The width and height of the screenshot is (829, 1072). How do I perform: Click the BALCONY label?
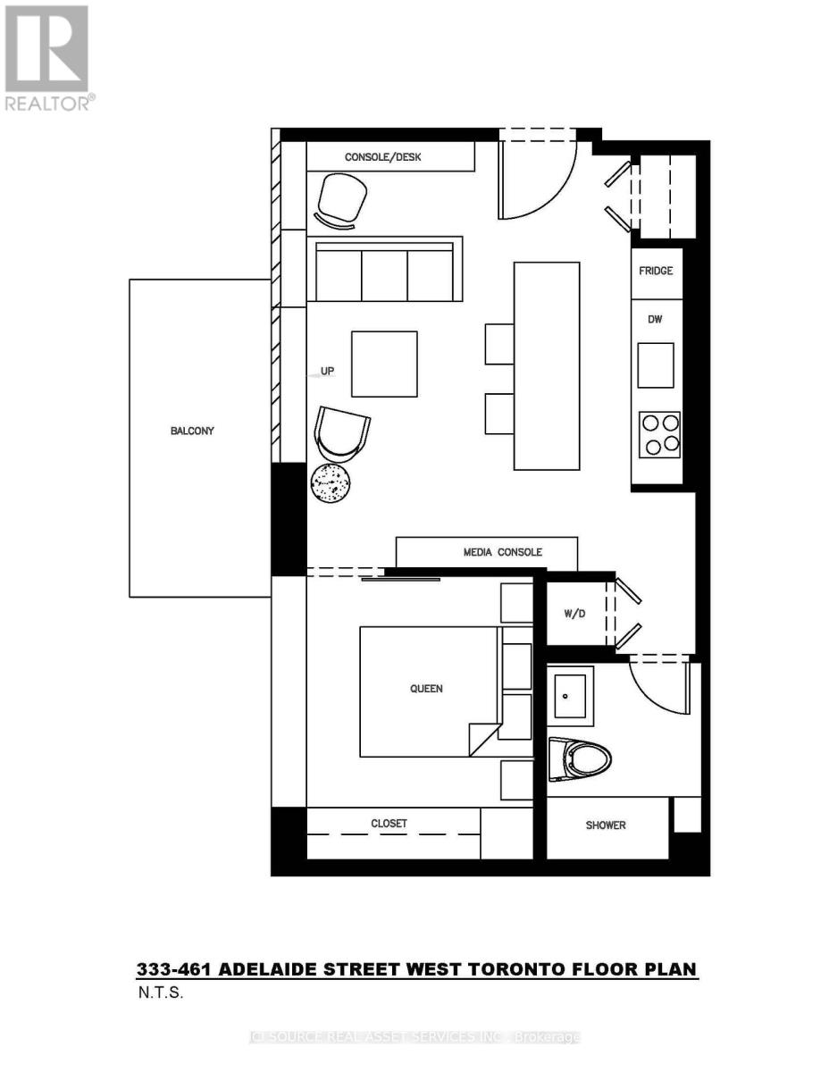[192, 431]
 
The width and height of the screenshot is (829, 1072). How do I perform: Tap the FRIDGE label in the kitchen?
[656, 271]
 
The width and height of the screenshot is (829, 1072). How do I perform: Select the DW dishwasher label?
[656, 319]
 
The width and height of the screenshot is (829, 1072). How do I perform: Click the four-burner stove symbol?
[659, 434]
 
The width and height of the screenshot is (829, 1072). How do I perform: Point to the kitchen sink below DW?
[656, 365]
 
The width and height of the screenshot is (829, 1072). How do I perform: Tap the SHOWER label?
[606, 825]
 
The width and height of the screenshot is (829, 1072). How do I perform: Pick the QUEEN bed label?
[426, 689]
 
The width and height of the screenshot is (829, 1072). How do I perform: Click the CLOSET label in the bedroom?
[389, 824]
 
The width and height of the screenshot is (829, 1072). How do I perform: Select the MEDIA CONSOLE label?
[502, 552]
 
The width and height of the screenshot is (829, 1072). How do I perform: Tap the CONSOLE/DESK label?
[382, 157]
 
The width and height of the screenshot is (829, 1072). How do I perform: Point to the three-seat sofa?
[384, 271]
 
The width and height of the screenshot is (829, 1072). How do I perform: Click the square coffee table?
[384, 364]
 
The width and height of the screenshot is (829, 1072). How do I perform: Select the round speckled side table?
[331, 483]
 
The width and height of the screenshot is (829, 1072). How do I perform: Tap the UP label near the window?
[328, 370]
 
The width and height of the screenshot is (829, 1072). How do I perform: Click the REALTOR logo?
[47, 58]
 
